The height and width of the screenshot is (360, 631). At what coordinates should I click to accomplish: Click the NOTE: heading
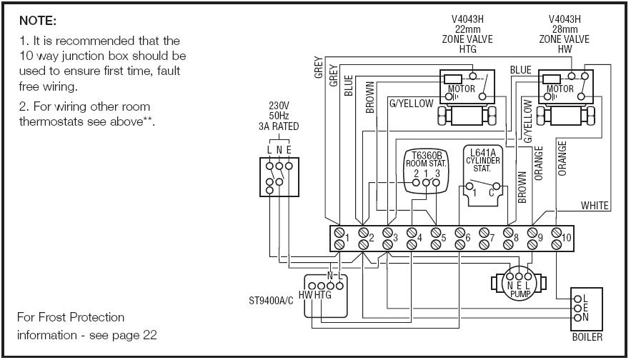38,21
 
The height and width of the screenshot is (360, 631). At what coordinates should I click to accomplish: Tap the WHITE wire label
595,206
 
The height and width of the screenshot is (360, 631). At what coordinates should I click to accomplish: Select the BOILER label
587,337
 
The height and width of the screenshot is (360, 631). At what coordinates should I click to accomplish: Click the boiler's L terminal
578,299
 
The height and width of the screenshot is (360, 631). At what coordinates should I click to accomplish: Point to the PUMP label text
520,294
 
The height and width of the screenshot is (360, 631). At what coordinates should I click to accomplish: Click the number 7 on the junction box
492,238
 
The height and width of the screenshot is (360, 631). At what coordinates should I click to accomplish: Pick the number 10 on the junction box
566,238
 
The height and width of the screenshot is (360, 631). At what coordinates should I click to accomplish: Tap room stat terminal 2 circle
416,183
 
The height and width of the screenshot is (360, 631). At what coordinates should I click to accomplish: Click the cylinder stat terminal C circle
496,186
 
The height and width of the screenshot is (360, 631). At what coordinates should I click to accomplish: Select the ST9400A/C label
272,301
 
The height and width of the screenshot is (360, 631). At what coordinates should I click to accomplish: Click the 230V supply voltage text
279,106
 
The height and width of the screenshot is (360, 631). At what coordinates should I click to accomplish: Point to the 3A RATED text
279,126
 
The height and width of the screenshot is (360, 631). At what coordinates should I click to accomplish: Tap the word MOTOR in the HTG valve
462,89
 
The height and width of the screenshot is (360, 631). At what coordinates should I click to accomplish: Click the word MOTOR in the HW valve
560,89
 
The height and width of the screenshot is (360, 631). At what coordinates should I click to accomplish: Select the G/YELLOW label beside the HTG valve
412,104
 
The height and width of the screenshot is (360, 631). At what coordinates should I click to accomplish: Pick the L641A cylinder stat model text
483,152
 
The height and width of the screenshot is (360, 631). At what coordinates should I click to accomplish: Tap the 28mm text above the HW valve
565,29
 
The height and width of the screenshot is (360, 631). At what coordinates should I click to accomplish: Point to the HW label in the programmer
306,295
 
